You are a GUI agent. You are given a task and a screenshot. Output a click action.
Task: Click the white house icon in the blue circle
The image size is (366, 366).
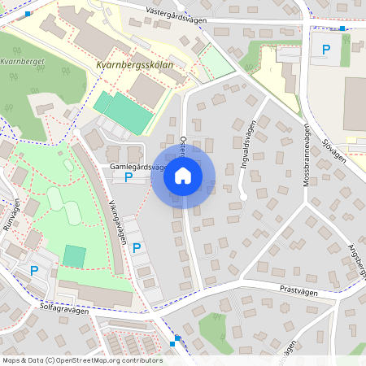pyautogui.click(x=183, y=176)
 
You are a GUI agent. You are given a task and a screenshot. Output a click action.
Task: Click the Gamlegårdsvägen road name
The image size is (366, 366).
pyautogui.click(x=137, y=166)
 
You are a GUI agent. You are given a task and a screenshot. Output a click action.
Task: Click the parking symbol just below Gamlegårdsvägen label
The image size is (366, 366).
pyautogui.click(x=128, y=176)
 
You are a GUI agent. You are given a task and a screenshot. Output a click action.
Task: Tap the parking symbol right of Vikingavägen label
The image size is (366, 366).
pyautogui.click(x=137, y=248)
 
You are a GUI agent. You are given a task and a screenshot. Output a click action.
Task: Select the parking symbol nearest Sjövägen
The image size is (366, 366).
pyautogui.click(x=326, y=50)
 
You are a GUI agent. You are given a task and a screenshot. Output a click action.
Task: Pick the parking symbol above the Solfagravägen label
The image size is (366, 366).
pyautogui.click(x=34, y=271)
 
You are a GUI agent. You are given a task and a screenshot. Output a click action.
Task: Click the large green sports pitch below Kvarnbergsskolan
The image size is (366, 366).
pyautogui.click(x=124, y=111)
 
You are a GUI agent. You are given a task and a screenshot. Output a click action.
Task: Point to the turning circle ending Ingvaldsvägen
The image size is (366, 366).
pyautogui.click(x=243, y=197)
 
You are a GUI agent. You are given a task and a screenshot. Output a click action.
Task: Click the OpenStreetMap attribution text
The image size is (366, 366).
pyautogui.click(x=82, y=359)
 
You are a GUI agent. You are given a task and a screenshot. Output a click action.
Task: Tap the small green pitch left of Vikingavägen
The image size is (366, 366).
pyautogui.click(x=74, y=256)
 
